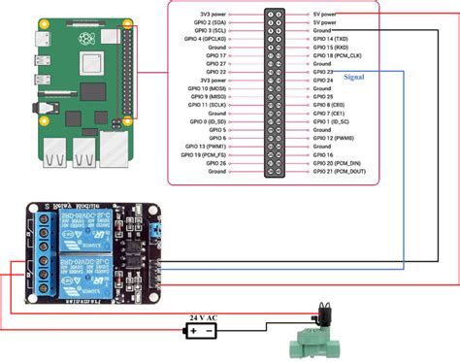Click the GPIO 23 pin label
click(x=323, y=72)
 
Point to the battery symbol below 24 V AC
click(x=202, y=330)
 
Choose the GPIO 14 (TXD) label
click(x=330, y=39)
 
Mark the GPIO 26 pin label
click(x=214, y=162)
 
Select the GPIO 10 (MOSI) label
click(x=207, y=88)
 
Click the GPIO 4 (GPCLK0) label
click(x=204, y=39)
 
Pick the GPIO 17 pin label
click(x=215, y=55)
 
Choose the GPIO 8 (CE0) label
click(x=330, y=105)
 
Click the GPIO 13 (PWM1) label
click(x=206, y=146)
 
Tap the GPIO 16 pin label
click(x=323, y=154)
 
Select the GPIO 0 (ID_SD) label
click(x=207, y=121)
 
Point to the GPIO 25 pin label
click(x=323, y=97)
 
